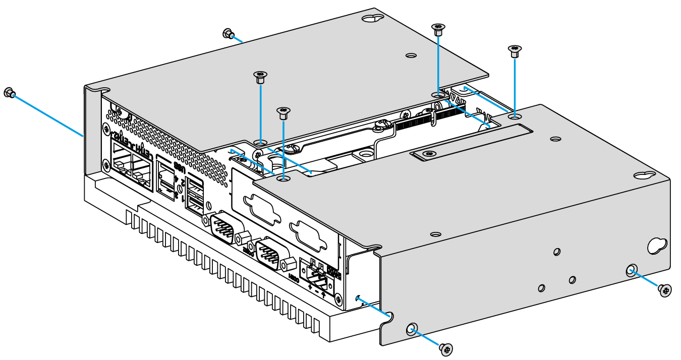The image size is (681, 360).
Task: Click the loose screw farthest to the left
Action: (x=9, y=92)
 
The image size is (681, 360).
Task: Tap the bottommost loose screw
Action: (x=445, y=348)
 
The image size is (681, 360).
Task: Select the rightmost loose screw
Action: (x=665, y=290)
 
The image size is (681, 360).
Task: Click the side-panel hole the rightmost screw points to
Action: (x=631, y=270)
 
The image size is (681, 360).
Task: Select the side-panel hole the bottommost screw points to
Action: (x=412, y=329)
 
